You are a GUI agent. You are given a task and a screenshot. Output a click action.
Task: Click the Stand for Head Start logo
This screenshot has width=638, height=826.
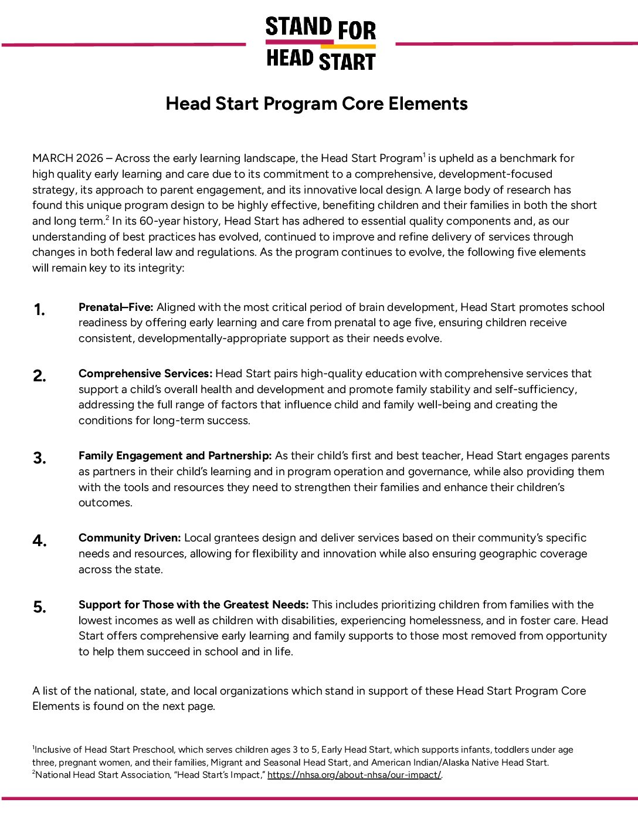[320, 43]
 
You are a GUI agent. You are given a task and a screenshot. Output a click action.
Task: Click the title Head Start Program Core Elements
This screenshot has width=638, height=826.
[317, 103]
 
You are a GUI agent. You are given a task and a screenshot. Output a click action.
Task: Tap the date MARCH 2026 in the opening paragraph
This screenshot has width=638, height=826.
[67, 158]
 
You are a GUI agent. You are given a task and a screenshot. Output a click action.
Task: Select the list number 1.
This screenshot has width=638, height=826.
[39, 310]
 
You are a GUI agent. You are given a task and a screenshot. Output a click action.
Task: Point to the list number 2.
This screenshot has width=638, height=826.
[39, 376]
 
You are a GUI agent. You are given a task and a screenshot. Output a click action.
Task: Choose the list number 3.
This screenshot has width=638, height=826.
[39, 458]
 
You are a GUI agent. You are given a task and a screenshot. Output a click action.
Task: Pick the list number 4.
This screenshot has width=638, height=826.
[39, 540]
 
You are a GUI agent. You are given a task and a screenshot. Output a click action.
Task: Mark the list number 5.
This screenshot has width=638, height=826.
[39, 607]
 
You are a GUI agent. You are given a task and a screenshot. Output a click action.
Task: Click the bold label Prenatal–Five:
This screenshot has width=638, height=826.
[116, 307]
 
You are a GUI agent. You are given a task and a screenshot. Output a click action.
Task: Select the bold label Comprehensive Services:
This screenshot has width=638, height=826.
[145, 374]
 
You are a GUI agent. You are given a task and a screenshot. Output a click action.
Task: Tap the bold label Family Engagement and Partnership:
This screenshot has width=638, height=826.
[175, 456]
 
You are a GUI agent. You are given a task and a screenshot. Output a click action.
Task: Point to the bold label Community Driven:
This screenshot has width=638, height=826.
[130, 538]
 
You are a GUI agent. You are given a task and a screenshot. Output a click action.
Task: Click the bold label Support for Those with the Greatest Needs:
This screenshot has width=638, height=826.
[194, 605]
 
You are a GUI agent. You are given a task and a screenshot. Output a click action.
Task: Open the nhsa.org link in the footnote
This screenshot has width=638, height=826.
[354, 775]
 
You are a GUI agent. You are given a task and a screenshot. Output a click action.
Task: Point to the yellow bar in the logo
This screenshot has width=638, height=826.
[348, 46]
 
